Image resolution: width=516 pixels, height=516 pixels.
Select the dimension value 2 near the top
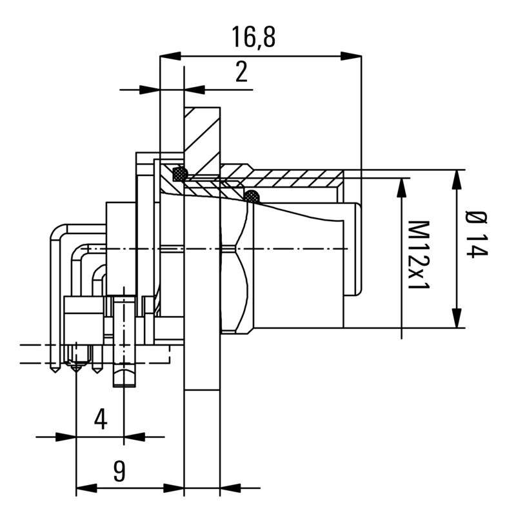tap(241, 72)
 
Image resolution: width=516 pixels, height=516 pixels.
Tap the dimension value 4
tap(100, 419)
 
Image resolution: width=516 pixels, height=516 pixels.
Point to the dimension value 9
tap(119, 471)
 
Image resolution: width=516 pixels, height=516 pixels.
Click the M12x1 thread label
tap(420, 254)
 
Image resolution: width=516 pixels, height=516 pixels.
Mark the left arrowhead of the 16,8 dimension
tap(170, 56)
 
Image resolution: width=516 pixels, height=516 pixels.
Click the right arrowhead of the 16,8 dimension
tap(351, 56)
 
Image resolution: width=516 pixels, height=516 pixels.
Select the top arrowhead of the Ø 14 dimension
tap(457, 180)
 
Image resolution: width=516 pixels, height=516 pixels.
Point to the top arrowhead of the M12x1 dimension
tap(402, 187)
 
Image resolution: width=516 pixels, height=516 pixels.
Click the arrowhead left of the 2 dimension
tap(149, 90)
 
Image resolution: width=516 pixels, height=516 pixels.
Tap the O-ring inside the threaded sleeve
tap(252, 196)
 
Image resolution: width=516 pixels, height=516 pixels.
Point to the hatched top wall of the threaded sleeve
tap(290, 176)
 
